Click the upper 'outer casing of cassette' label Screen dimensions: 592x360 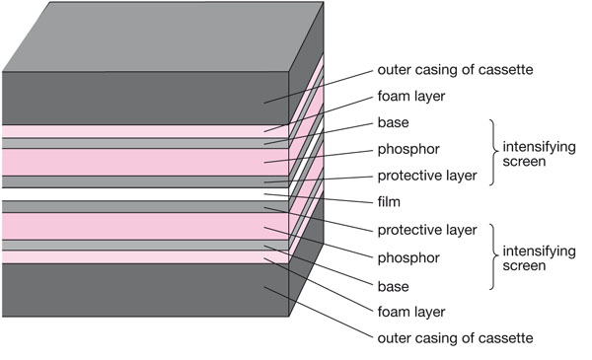(x=455, y=70)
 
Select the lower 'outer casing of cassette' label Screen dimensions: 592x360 (x=455, y=338)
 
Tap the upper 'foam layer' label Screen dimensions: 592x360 (x=411, y=97)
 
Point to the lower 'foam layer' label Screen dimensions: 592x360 (x=411, y=312)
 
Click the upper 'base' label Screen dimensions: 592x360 (x=393, y=122)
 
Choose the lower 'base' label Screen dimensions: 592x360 (x=393, y=287)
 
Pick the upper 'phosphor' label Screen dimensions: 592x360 (x=408, y=150)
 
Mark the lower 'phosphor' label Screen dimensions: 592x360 (x=408, y=258)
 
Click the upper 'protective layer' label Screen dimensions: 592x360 (x=427, y=176)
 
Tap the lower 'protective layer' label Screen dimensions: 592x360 (x=427, y=230)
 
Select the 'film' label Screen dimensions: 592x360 (x=389, y=202)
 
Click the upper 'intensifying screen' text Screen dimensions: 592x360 (x=539, y=154)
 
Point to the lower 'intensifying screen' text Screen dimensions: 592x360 (x=539, y=258)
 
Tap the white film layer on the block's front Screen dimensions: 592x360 (x=145, y=194)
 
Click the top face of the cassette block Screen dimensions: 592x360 (x=163, y=36)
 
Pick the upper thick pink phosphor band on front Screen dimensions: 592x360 (x=145, y=162)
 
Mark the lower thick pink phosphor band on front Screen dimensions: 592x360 (x=145, y=226)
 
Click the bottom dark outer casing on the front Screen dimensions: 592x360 (x=145, y=290)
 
